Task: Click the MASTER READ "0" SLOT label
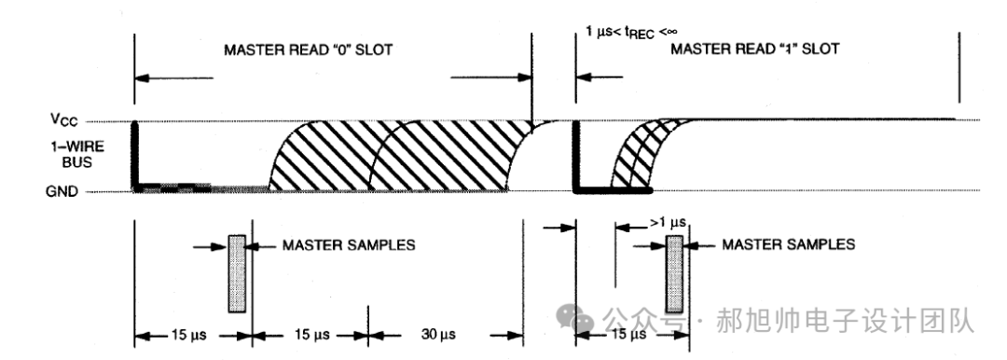308,50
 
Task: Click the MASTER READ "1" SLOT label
754,49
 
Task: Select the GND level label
62,191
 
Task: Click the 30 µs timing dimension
438,334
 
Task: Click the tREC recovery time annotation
632,32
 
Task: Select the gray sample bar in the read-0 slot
237,273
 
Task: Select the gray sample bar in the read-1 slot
674,273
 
